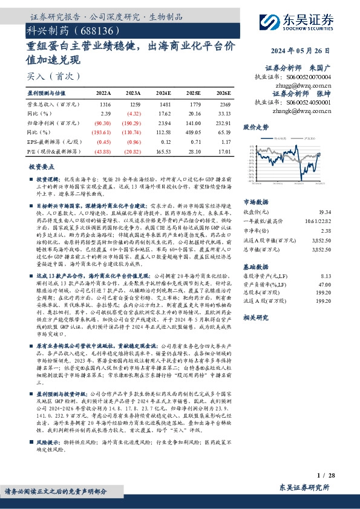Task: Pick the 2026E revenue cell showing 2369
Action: pos(223,104)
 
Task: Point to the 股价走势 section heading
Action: pos(255,128)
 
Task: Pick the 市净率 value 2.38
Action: pos(343,230)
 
